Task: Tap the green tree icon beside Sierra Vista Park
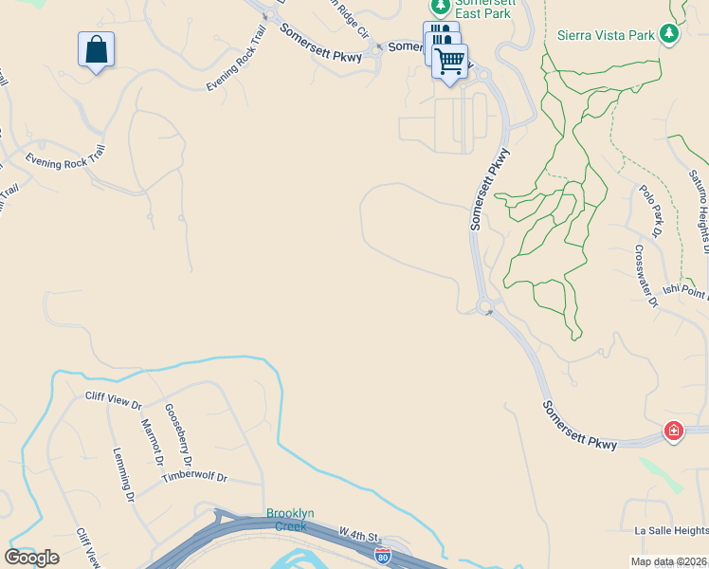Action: tap(671, 34)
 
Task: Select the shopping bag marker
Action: tap(96, 49)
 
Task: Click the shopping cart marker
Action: tap(450, 62)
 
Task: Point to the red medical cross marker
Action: tap(673, 431)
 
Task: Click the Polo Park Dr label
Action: tap(649, 211)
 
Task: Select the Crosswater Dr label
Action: tap(646, 276)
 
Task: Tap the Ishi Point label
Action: tap(683, 291)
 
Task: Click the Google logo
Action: tap(31, 557)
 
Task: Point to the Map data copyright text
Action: tap(668, 561)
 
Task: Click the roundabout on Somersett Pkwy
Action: tap(485, 305)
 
